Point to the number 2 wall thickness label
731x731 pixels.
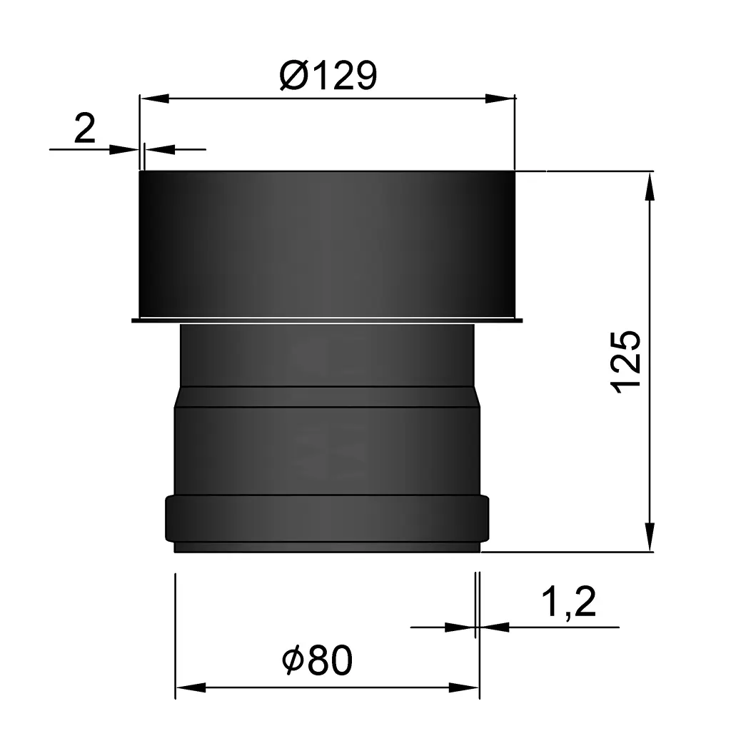coord(84,130)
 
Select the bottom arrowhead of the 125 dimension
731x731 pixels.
coord(650,537)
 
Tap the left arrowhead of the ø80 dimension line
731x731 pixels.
coord(189,687)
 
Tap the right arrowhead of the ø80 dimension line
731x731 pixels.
coord(463,687)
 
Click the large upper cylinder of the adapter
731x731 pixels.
coord(326,243)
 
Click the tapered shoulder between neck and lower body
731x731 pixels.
coord(326,397)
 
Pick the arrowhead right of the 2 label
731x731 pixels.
coord(158,149)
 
